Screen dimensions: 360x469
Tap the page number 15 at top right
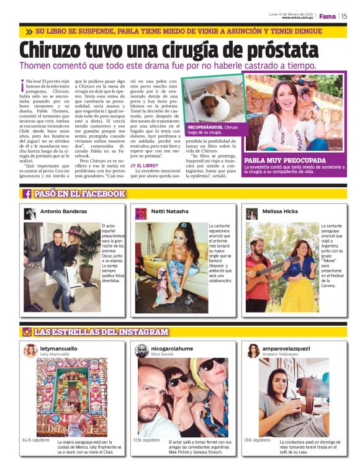(343, 16)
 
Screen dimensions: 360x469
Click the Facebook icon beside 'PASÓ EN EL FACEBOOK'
(27, 194)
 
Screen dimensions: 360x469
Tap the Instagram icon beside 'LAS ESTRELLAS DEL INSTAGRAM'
(27, 332)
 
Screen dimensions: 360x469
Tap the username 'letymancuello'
(59, 349)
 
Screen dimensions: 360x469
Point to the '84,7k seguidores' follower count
(37, 439)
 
